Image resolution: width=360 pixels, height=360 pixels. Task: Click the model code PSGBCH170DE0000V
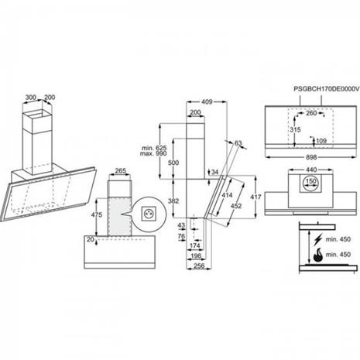327,89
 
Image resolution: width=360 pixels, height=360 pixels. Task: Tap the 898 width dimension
311,157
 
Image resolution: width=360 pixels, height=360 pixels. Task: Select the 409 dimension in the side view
207,102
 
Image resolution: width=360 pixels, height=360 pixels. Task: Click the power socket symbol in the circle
148,214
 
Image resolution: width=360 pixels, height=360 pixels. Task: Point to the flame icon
317,255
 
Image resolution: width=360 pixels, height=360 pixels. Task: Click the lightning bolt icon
318,239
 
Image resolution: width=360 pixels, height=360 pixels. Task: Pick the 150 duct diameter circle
310,181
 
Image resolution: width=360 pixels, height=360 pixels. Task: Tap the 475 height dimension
97,214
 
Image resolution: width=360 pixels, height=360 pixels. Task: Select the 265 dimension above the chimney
120,170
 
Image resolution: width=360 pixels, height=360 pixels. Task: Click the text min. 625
154,148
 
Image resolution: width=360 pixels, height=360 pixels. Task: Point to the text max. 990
153,153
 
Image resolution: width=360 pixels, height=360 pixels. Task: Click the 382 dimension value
173,201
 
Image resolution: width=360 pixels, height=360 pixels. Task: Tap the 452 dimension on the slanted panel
236,206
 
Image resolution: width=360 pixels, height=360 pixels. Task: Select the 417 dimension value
255,197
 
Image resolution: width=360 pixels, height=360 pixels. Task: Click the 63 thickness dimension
238,143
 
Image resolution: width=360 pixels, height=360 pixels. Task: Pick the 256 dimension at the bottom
199,266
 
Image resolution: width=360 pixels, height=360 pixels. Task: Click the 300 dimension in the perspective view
30,98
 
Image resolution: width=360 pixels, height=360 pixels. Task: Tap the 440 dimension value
311,170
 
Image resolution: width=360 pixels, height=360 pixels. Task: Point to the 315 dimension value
295,129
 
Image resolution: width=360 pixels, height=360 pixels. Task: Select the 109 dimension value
321,141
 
